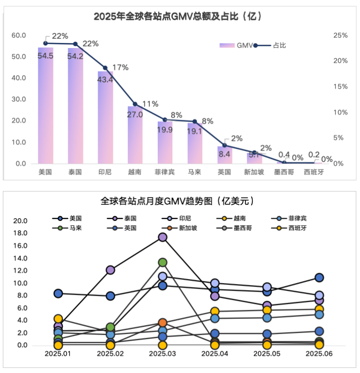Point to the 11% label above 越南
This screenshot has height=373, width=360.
pyautogui.click(x=150, y=104)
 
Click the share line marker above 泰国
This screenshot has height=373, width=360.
pyautogui.click(x=75, y=44)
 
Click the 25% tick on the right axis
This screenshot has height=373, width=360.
pyautogui.click(x=340, y=35)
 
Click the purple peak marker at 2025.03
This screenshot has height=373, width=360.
pyautogui.click(x=163, y=237)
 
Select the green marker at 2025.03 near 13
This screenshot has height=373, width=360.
pyautogui.click(x=163, y=262)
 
